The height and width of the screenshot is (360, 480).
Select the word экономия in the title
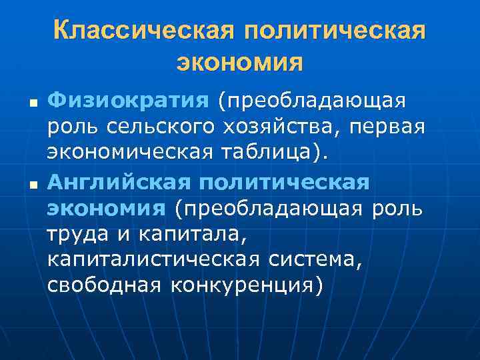click(x=240, y=63)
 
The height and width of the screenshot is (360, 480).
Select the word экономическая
click(x=130, y=152)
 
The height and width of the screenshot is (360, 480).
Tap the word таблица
click(x=271, y=152)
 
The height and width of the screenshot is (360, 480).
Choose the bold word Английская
click(x=117, y=181)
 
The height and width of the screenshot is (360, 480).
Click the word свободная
click(x=104, y=285)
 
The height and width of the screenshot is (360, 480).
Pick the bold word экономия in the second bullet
click(x=105, y=208)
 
